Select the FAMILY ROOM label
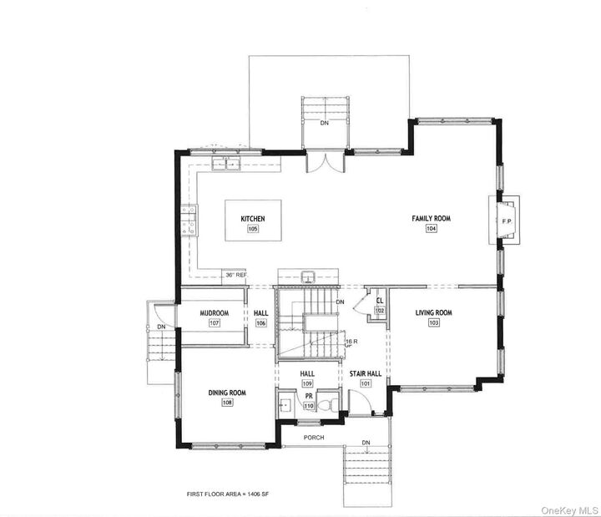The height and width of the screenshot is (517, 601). pyautogui.click(x=431, y=219)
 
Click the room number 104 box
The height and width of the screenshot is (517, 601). pyautogui.click(x=431, y=229)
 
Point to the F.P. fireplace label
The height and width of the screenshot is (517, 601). pyautogui.click(x=506, y=221)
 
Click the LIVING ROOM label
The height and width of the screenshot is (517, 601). pyautogui.click(x=433, y=313)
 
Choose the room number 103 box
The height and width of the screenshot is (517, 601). pyautogui.click(x=433, y=323)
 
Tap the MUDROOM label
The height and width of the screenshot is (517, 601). pyautogui.click(x=215, y=313)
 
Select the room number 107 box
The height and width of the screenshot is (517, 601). pyautogui.click(x=215, y=323)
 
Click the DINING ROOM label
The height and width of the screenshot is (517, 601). pyautogui.click(x=227, y=393)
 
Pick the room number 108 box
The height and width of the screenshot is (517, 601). pyautogui.click(x=227, y=403)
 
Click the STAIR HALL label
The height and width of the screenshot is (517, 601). pyautogui.click(x=365, y=373)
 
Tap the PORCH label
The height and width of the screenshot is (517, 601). pyautogui.click(x=314, y=438)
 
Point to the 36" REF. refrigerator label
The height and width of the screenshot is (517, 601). pyautogui.click(x=235, y=274)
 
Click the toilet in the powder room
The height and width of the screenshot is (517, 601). pyautogui.click(x=332, y=404)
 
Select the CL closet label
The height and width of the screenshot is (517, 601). pyautogui.click(x=379, y=300)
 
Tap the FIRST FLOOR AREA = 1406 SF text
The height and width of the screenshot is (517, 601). pyautogui.click(x=227, y=494)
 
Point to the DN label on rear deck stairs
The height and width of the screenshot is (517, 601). pyautogui.click(x=325, y=123)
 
